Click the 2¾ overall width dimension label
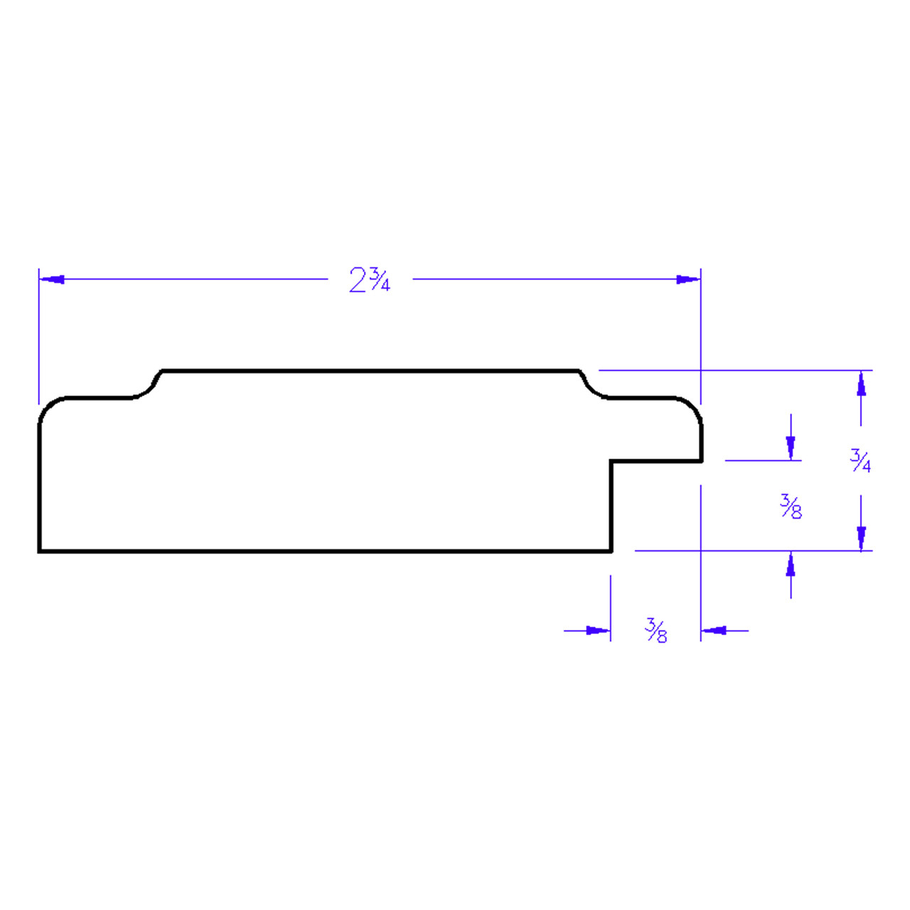(x=370, y=279)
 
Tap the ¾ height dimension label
(x=860, y=461)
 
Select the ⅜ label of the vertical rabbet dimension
(x=791, y=507)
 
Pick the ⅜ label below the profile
(x=656, y=631)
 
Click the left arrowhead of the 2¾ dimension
(x=51, y=279)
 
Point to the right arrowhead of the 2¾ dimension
(x=687, y=279)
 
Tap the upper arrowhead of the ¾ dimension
(x=861, y=383)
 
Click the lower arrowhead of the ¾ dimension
(x=861, y=538)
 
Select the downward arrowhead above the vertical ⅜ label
(x=791, y=448)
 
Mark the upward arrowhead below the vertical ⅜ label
(x=791, y=564)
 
